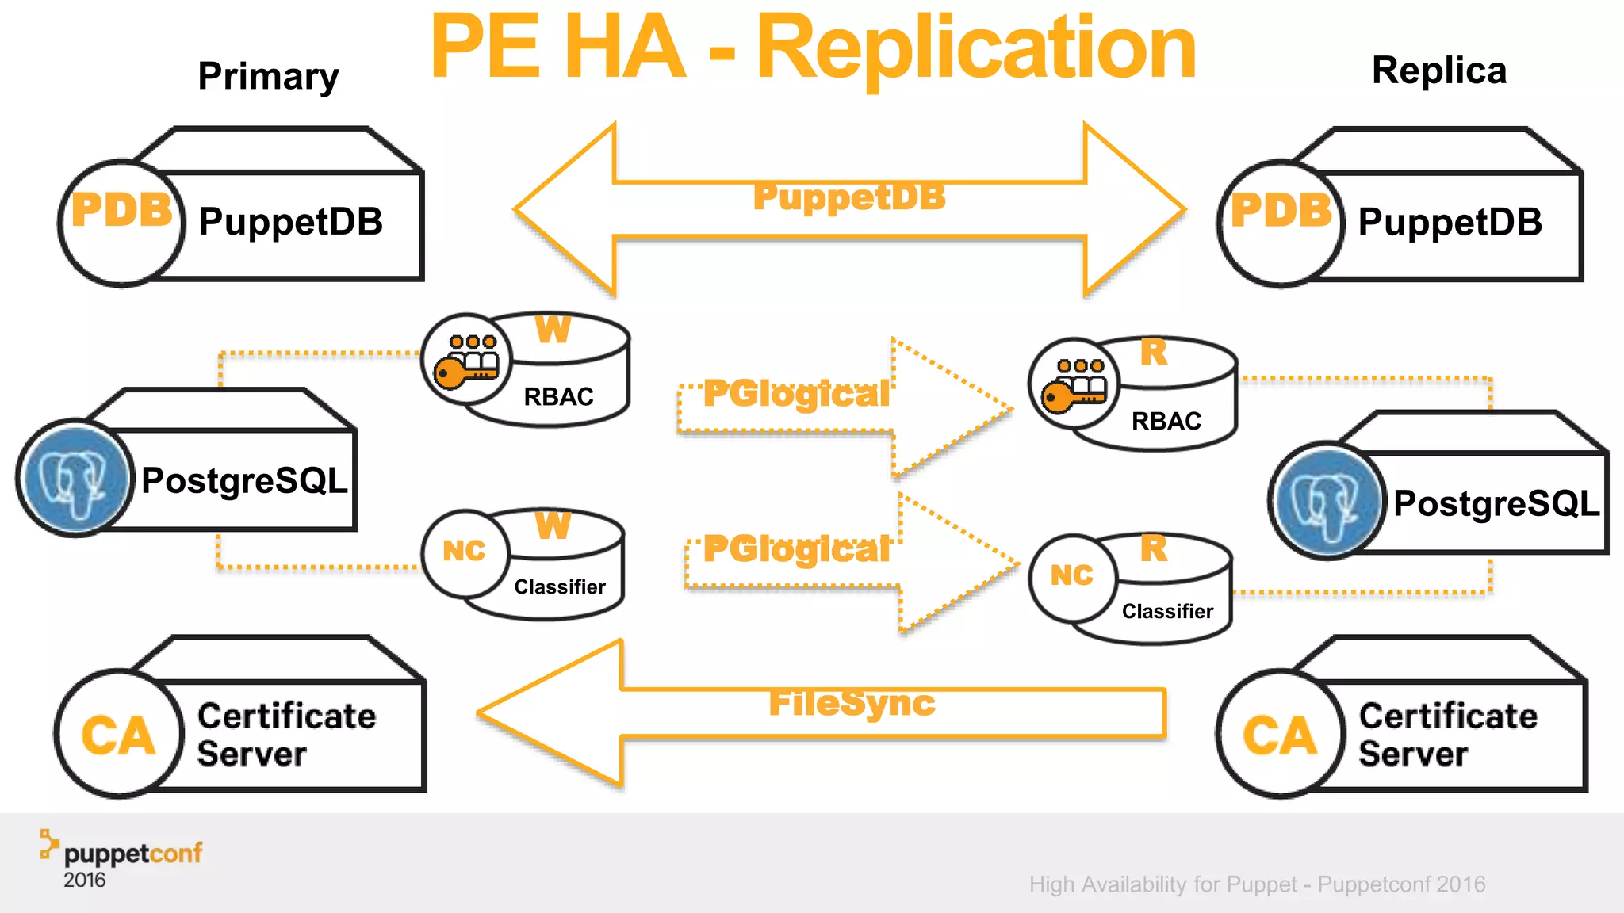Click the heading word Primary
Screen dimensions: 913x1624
click(268, 77)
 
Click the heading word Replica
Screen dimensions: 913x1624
click(1438, 71)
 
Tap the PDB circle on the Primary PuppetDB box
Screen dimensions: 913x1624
click(122, 223)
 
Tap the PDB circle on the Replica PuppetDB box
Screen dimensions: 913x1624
click(1281, 223)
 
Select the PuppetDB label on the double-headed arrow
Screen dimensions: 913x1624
click(849, 197)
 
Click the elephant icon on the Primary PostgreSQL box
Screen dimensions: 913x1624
click(75, 478)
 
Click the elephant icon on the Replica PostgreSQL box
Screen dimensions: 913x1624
click(1327, 501)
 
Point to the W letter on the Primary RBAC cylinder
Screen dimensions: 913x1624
click(553, 330)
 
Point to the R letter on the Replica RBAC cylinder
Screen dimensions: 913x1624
click(1154, 353)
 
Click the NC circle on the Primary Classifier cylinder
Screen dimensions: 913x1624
click(465, 551)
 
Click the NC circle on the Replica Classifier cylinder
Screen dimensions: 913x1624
click(1072, 575)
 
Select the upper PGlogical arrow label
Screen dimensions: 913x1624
click(796, 394)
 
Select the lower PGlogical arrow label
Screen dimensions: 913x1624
click(796, 549)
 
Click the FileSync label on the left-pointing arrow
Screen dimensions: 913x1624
click(852, 703)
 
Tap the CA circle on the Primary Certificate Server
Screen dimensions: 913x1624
click(118, 734)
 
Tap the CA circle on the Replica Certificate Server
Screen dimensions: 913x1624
click(1279, 734)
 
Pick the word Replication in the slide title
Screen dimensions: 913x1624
click(976, 49)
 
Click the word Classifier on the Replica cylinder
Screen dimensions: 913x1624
click(1167, 611)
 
